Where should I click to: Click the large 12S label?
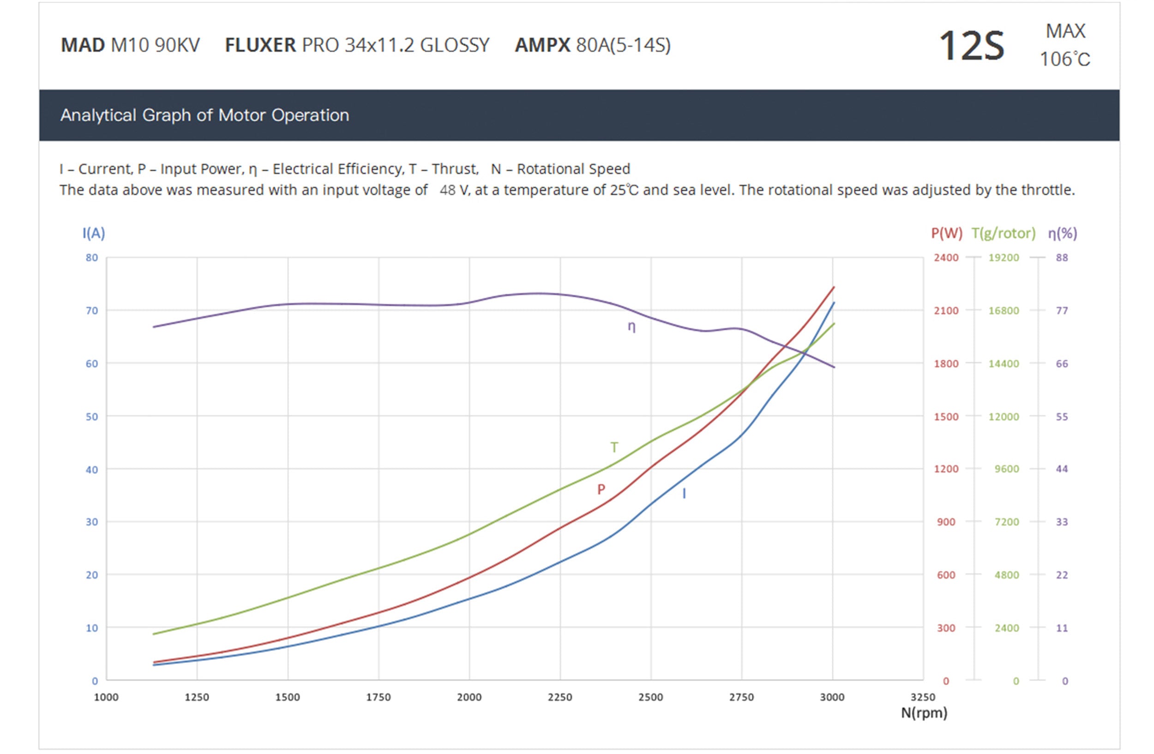971,46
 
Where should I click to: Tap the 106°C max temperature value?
1065,59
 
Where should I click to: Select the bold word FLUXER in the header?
260,45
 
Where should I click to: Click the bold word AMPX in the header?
542,45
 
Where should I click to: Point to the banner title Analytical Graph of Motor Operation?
204,115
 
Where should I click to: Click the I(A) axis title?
94,233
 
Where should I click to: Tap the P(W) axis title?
946,233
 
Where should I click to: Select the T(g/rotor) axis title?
1003,233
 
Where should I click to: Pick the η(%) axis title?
1062,233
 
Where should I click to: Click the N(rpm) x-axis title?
924,712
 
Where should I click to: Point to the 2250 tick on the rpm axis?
560,697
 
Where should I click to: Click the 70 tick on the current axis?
92,310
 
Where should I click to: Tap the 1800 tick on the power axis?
946,364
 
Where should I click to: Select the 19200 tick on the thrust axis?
1004,258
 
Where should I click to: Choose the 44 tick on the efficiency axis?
1062,469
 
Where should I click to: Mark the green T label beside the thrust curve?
614,447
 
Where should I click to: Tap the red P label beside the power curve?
601,489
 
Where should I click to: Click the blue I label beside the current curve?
684,494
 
